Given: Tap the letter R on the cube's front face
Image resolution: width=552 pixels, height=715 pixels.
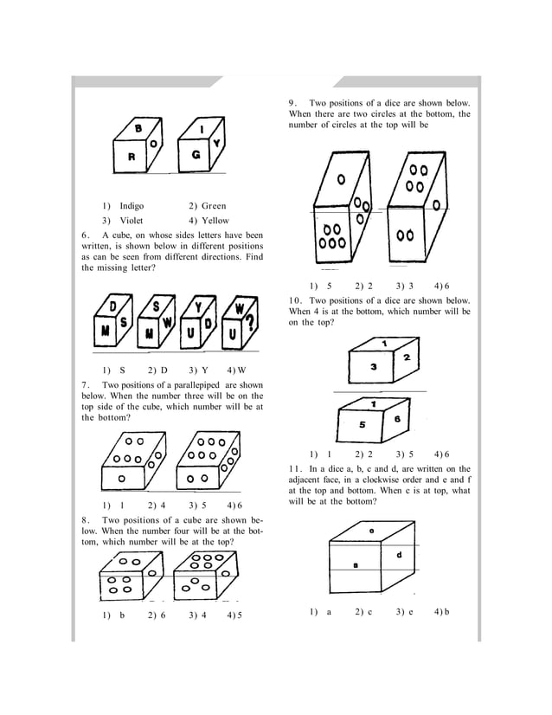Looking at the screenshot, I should tap(132, 158).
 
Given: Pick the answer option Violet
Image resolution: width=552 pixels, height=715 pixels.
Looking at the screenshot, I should tap(131, 220).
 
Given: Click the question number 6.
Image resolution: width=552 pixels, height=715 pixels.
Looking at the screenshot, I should tap(85, 235).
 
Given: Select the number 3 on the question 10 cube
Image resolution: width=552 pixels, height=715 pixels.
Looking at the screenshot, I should tap(373, 367).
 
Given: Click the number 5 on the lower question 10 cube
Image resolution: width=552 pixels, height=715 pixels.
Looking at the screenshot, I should tap(362, 425).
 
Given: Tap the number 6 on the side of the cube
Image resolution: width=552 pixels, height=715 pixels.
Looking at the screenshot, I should tap(397, 419).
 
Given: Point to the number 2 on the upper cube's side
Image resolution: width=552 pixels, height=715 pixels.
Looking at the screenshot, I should tap(406, 357).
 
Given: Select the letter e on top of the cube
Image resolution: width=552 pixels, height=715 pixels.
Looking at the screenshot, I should tap(371, 530).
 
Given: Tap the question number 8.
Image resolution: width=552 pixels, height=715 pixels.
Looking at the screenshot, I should tap(85, 520).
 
